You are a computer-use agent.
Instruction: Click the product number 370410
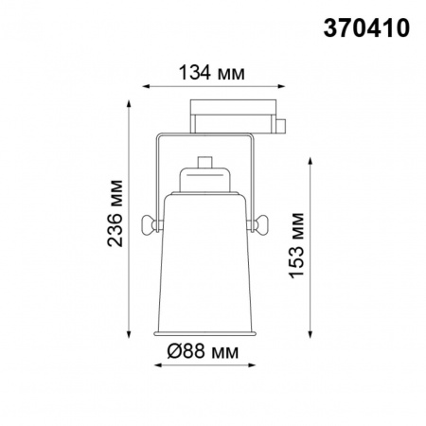click(x=369, y=28)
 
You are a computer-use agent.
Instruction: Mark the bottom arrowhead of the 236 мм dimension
click(x=129, y=334)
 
